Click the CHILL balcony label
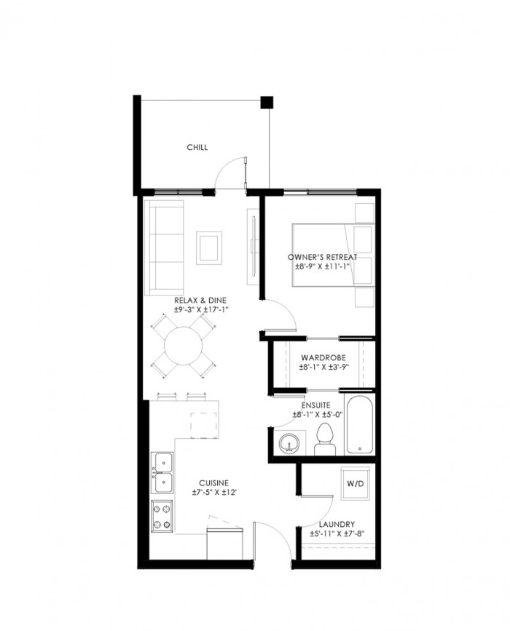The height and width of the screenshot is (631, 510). point(197,147)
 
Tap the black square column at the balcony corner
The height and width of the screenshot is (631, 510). point(267,102)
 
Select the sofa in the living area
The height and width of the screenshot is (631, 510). point(164,247)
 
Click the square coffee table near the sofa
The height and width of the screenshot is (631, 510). point(209,248)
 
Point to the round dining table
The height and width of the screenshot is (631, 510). point(184,346)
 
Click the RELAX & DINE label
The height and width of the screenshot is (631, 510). point(200,300)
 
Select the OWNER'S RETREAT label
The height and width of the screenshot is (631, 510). point(322,257)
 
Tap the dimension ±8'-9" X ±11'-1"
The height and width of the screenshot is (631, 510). point(322,266)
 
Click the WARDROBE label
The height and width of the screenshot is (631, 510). point(323,358)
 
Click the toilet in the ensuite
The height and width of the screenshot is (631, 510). point(325,439)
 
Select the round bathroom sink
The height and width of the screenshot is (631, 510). point(289,443)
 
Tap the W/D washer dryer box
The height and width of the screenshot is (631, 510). point(355,483)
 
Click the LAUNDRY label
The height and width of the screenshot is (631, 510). point(337,525)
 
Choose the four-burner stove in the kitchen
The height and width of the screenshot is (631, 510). point(162,517)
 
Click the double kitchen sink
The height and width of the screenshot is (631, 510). point(162,472)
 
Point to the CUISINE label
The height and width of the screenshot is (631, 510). point(214,483)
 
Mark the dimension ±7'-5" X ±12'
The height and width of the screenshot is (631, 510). point(214,492)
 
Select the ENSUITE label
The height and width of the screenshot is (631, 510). point(315,405)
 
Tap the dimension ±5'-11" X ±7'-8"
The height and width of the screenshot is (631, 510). point(337,534)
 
